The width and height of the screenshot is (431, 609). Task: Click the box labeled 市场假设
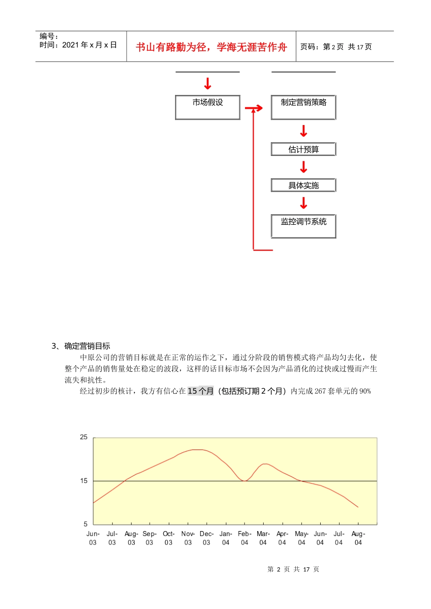(207, 107)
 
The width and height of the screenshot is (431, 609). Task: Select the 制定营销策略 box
(303, 107)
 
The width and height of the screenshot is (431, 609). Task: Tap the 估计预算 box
(303, 149)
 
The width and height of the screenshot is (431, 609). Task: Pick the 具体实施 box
(303, 185)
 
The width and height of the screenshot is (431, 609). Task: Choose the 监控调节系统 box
(303, 226)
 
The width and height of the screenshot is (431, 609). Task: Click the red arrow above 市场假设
(207, 83)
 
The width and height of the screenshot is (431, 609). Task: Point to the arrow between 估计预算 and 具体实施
(304, 167)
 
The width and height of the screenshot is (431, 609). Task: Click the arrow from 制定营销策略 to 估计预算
(304, 131)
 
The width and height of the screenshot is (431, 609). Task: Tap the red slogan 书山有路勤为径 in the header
(211, 47)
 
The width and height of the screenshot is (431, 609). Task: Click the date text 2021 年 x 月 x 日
(89, 45)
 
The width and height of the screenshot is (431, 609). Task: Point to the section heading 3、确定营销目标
(81, 346)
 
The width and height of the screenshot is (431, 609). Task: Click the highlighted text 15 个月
(201, 391)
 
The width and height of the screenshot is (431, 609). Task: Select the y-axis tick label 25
(83, 437)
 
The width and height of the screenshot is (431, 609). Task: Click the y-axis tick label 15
(83, 481)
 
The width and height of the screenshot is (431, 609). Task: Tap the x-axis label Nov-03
(188, 538)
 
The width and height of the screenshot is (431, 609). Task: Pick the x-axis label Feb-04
(245, 538)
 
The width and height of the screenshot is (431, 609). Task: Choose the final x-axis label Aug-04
(358, 538)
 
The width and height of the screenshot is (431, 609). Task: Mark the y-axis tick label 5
(85, 524)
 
